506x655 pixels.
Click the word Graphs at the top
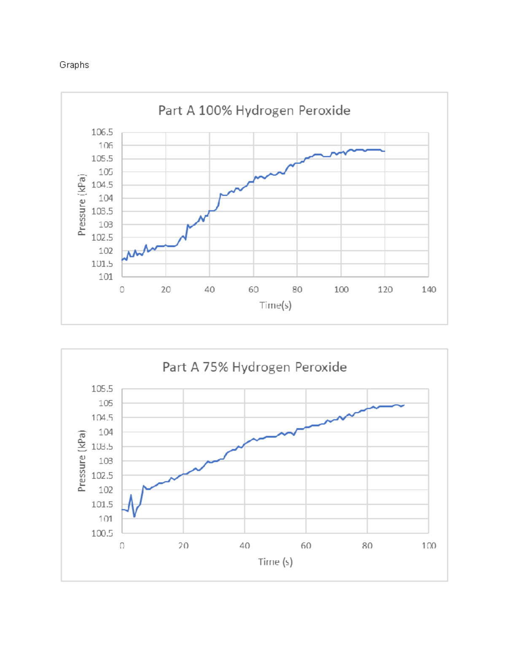pos(74,65)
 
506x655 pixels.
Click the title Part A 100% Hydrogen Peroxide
pos(254,111)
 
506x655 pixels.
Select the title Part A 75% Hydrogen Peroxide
pos(254,367)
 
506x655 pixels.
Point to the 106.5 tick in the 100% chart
pos(102,132)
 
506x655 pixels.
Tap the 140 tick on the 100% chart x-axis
pos(428,289)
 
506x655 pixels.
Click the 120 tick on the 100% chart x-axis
pos(385,289)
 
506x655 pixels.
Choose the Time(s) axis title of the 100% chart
pos(275,305)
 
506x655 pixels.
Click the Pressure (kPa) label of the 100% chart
pos(82,205)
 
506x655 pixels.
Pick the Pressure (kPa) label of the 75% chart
pos(82,461)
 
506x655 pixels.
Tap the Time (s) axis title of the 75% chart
pos(275,562)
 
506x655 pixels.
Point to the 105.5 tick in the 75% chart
pos(102,388)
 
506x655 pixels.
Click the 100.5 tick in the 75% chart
pos(102,533)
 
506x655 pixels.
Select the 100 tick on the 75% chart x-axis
pos(428,546)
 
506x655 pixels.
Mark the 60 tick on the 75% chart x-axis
pos(306,546)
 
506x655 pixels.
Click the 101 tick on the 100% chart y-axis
pos(105,277)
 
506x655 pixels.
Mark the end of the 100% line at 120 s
pos(384,151)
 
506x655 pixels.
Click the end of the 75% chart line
pos(404,405)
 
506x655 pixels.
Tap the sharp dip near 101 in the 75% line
pos(135,516)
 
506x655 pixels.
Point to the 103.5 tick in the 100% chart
pos(102,211)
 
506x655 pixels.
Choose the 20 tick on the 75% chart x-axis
pos(183,546)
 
